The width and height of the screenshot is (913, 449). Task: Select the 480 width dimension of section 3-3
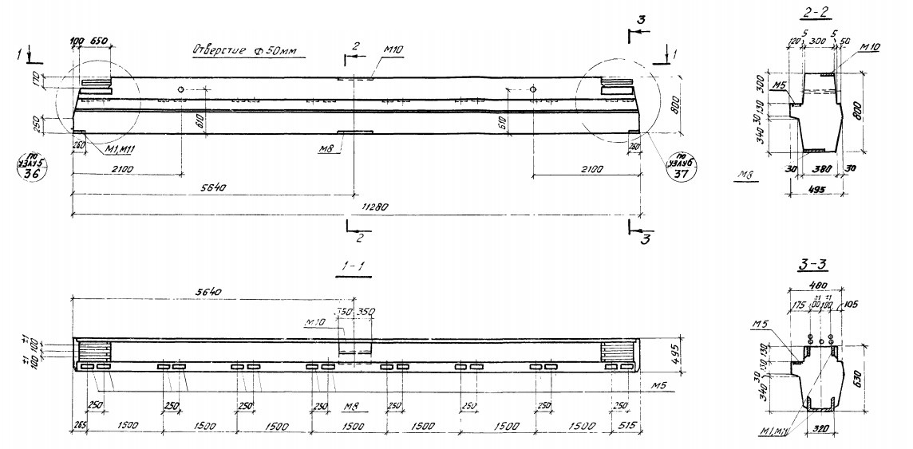coord(816,284)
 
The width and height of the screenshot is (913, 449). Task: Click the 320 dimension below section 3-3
coord(819,438)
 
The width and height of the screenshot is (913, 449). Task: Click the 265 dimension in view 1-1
coord(78,427)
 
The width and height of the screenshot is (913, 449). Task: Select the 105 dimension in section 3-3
coord(852,304)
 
